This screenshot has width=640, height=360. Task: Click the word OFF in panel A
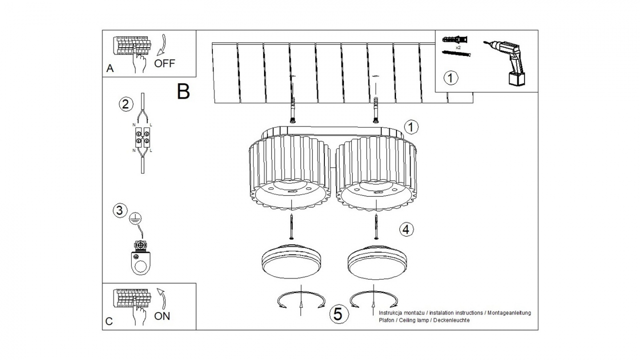click(164, 63)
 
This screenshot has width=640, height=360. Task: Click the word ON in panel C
click(162, 316)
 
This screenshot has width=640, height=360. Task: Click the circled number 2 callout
click(126, 104)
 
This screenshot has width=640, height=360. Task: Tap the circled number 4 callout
click(406, 229)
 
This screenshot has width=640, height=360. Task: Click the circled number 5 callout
click(338, 314)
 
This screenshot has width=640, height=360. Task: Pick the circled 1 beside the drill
click(451, 78)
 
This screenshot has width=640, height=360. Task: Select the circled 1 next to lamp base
click(411, 127)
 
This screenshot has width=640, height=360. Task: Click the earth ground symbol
click(135, 218)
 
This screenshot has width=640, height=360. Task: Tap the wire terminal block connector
click(142, 137)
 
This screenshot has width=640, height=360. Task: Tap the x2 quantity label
click(457, 47)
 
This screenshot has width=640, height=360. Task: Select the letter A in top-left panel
click(110, 69)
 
